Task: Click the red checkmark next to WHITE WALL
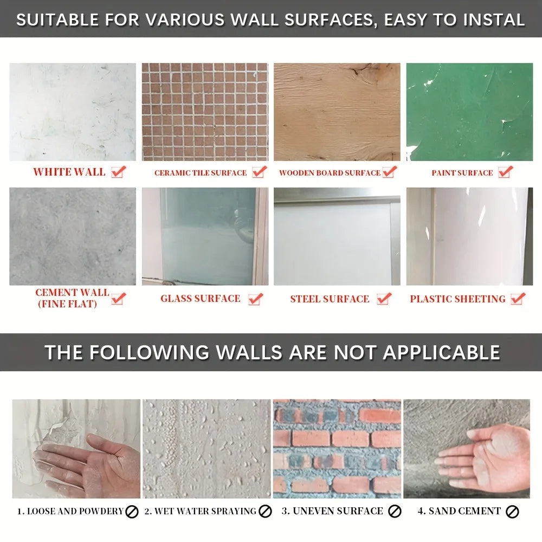(119, 171)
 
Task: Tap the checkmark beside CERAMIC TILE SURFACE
(260, 171)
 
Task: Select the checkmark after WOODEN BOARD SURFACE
(390, 171)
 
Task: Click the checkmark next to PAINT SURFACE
(506, 171)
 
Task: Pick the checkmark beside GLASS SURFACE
(256, 299)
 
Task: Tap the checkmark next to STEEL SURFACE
(384, 299)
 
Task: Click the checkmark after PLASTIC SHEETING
(518, 299)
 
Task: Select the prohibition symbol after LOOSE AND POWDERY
(132, 512)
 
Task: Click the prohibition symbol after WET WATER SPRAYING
(265, 512)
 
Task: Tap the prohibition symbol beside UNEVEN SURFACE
(395, 512)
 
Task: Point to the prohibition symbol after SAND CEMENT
(512, 512)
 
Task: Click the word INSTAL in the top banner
(494, 20)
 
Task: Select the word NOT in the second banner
(355, 352)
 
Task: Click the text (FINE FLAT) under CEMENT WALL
(67, 304)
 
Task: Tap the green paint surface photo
(469, 112)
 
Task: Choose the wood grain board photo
(337, 112)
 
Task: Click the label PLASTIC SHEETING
(457, 299)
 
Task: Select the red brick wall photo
(337, 449)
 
